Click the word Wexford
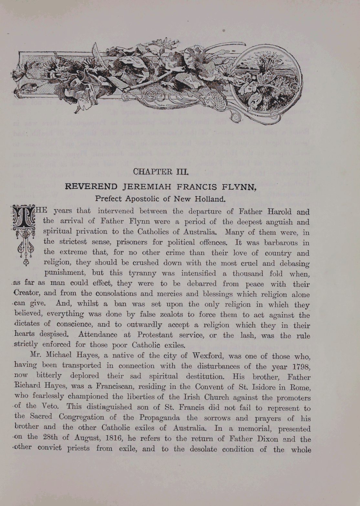coord(207,356)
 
